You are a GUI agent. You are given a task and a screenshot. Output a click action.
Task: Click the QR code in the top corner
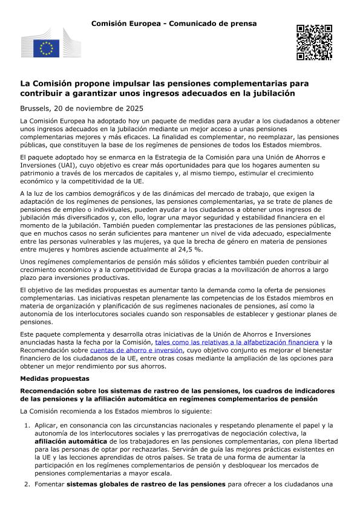[x=315, y=42]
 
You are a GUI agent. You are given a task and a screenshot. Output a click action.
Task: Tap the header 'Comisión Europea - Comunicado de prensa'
[x=174, y=23]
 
